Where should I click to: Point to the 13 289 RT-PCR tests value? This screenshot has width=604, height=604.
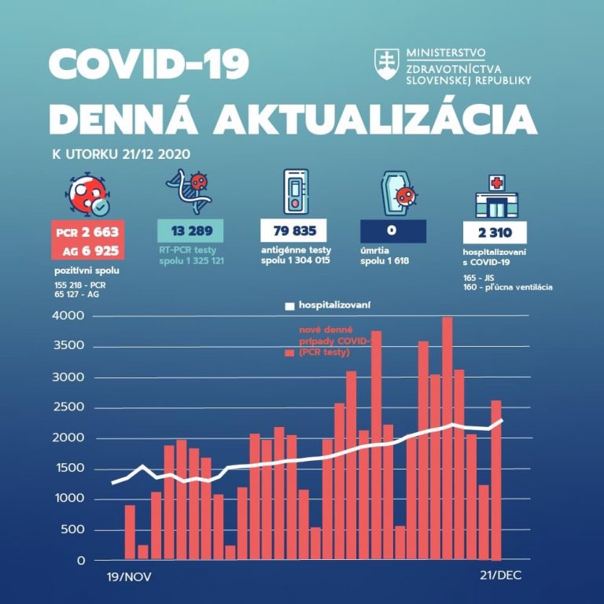point(191,231)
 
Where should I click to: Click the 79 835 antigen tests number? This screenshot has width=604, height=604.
point(293,231)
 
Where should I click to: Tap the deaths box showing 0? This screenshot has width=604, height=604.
point(393,231)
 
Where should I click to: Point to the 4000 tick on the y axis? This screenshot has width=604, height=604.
point(71,316)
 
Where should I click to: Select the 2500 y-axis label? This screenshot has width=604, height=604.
point(71,407)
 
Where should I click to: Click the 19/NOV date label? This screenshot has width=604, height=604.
point(129,576)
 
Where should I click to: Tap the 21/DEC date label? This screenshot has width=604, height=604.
point(499,576)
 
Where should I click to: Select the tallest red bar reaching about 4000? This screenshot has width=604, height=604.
point(447,437)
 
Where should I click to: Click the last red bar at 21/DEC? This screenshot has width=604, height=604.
point(495,480)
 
